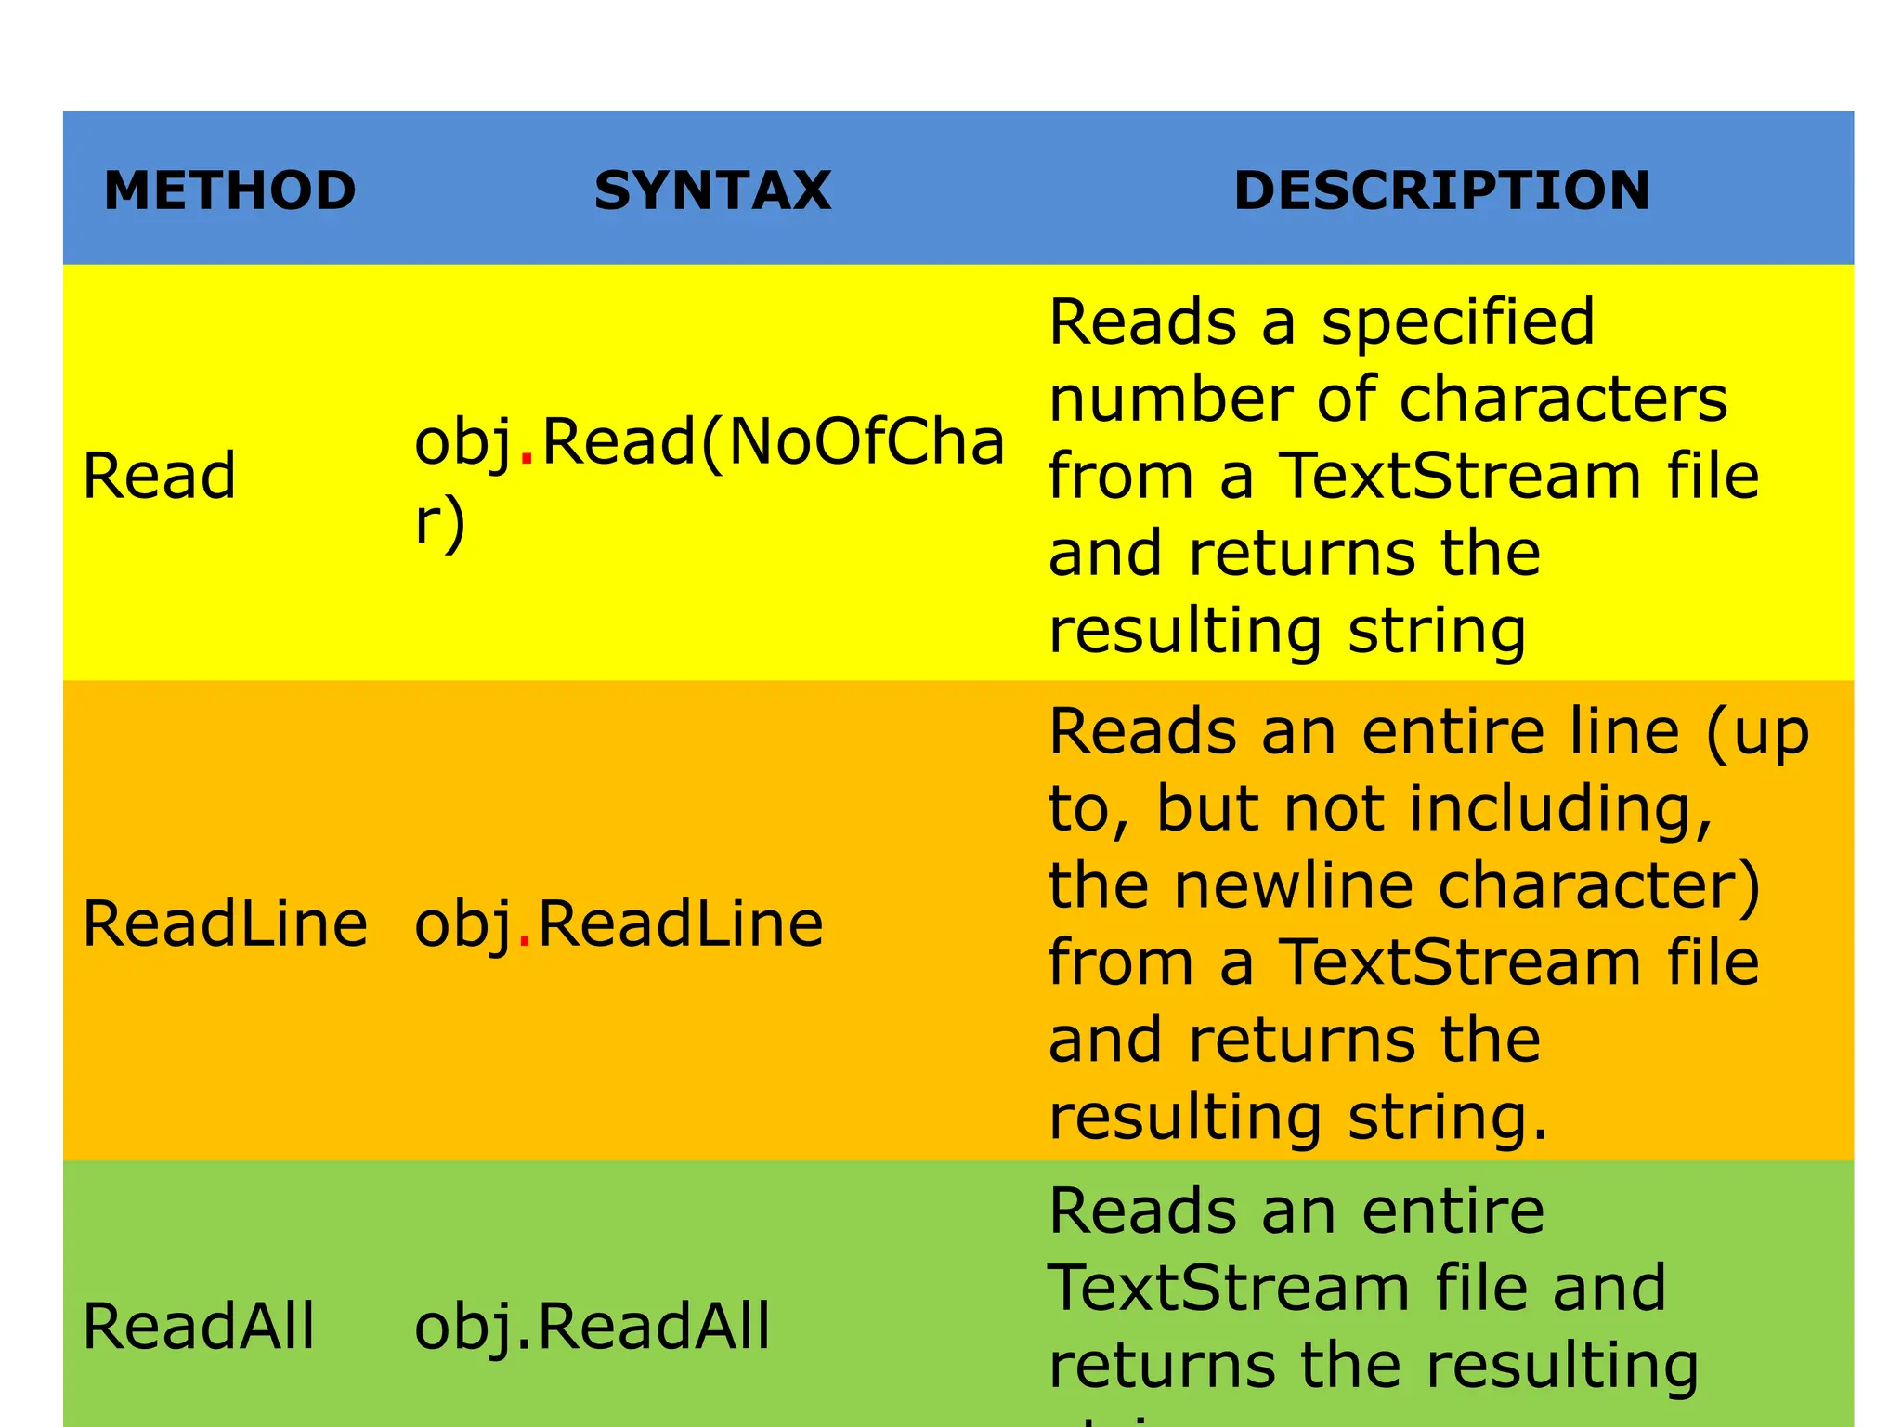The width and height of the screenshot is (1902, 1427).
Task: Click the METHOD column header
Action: point(229,190)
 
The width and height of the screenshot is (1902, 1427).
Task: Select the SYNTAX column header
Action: point(712,190)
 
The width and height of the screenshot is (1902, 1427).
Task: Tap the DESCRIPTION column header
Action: point(1441,190)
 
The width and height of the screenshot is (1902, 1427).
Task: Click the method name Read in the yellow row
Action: point(159,476)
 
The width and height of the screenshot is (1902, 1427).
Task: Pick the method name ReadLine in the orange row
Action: point(225,924)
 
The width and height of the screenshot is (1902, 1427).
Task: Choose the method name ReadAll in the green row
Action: point(199,1326)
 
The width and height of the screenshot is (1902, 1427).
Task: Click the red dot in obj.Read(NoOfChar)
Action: point(527,459)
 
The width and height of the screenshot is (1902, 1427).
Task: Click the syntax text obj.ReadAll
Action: point(592,1326)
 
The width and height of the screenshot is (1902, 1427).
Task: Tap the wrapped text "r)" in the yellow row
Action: point(439,522)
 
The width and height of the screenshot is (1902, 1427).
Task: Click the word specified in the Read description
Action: point(1457,323)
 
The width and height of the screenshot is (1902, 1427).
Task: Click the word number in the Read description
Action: point(1170,399)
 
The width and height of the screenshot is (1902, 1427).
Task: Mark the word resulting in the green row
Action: point(1561,1366)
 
